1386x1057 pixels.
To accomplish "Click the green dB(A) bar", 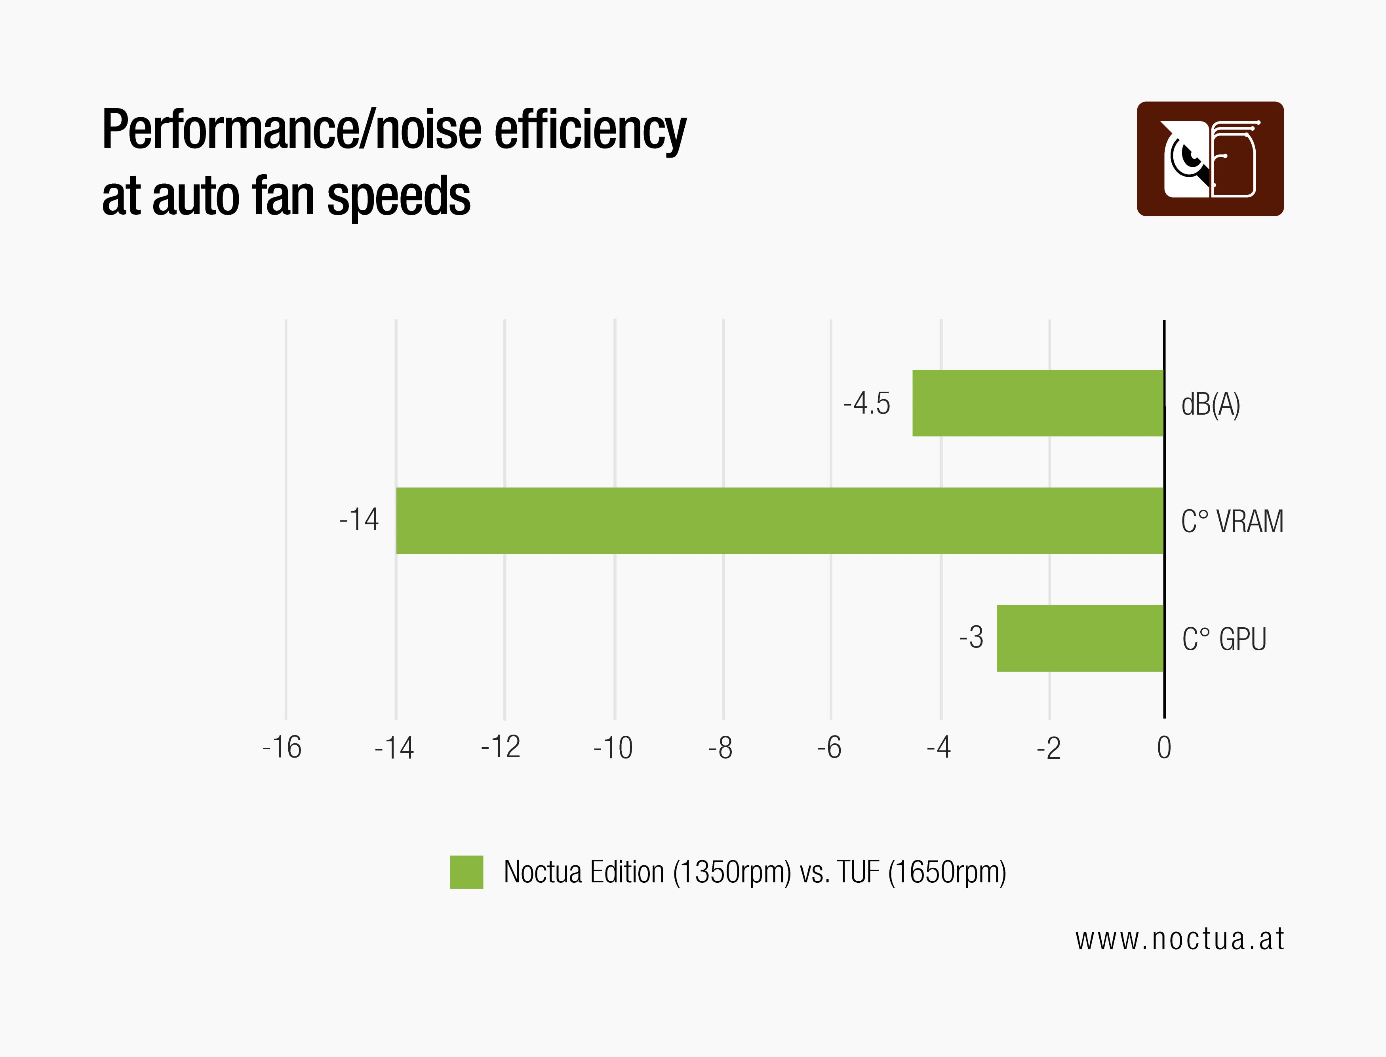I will point(1038,403).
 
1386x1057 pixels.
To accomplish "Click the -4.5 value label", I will point(866,403).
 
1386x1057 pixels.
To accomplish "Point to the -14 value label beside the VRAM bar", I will point(359,520).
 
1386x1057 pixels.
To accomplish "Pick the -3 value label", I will point(971,637).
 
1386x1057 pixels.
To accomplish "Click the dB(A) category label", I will point(1211,405).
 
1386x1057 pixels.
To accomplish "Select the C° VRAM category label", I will point(1232,522).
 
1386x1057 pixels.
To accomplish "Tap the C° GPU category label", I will point(1224,639).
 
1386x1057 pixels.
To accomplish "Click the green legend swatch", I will point(466,872).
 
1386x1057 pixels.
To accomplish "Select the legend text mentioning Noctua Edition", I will point(754,872).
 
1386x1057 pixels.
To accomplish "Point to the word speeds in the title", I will point(398,196).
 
